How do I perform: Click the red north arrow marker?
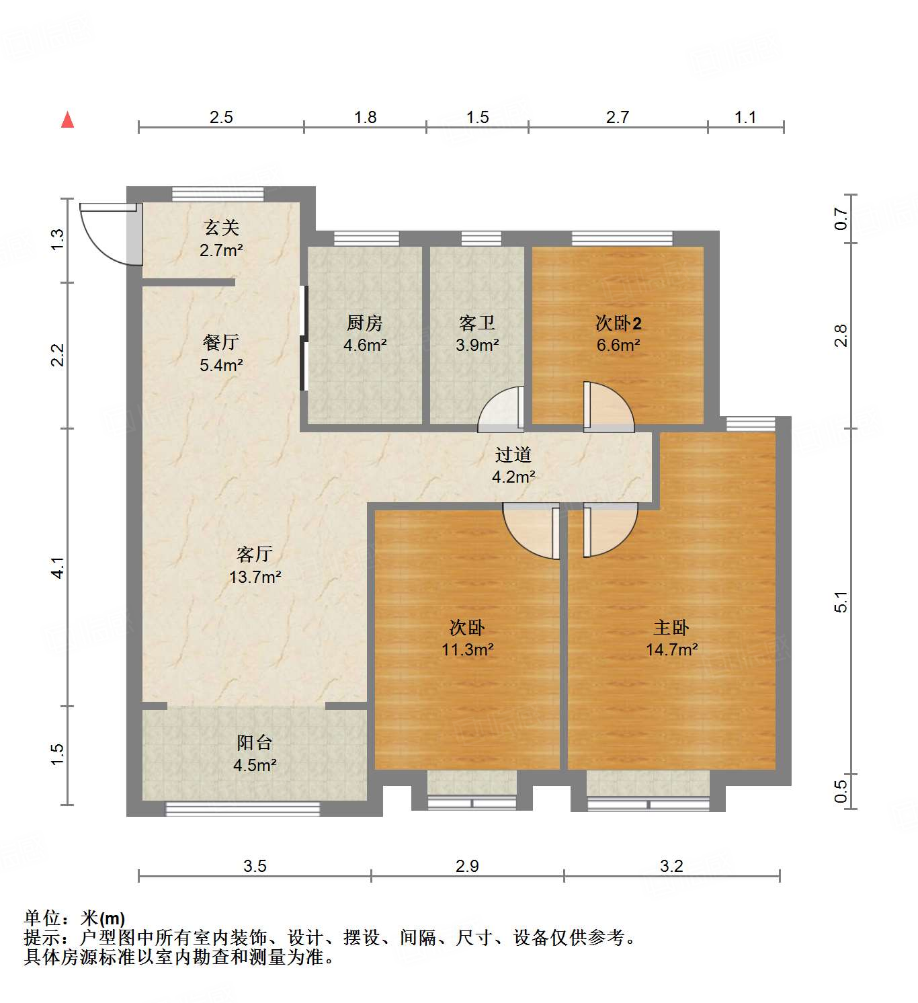click(67, 120)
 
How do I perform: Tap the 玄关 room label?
click(221, 229)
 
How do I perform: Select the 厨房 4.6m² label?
click(365, 334)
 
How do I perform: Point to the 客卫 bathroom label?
click(477, 324)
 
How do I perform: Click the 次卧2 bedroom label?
click(618, 324)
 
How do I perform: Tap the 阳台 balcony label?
click(255, 744)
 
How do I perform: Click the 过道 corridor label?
click(513, 455)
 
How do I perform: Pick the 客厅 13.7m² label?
click(255, 565)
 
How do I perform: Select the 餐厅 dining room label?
click(221, 343)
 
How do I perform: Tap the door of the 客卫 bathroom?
click(501, 409)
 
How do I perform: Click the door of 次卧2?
click(607, 407)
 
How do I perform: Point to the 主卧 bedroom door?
click(608, 530)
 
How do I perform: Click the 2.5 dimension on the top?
click(221, 118)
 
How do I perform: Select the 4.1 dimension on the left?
click(58, 567)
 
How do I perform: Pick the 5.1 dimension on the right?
click(841, 602)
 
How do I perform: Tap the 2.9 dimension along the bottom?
click(467, 866)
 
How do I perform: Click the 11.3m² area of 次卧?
click(468, 650)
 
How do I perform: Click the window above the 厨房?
click(366, 238)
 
